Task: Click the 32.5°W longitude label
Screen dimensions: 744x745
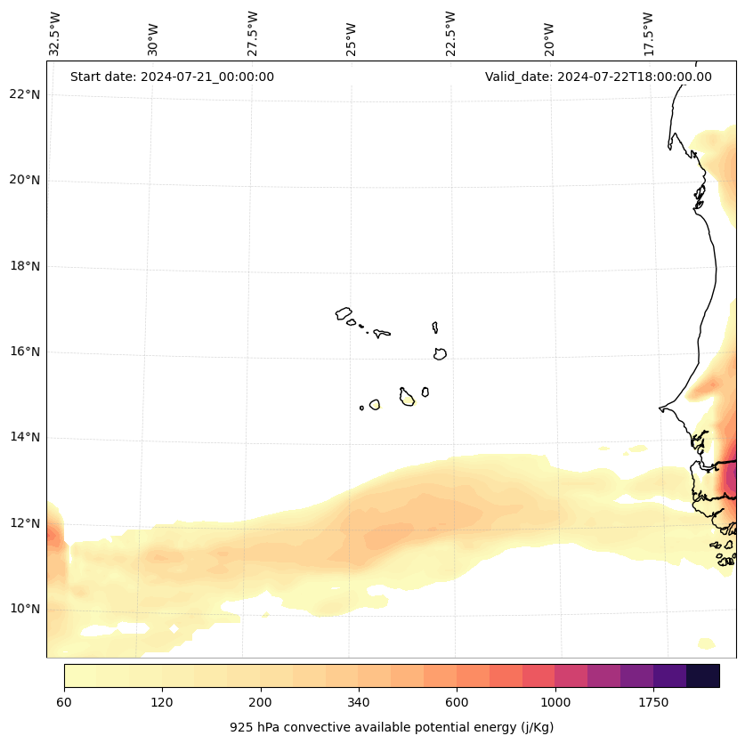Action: [x=55, y=34]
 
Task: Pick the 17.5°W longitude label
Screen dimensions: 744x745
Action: [x=648, y=34]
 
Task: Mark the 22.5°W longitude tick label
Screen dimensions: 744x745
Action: [x=450, y=34]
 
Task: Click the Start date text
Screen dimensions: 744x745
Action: [x=172, y=77]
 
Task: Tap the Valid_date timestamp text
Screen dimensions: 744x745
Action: [x=598, y=77]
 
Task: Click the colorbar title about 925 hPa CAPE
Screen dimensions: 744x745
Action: [x=392, y=727]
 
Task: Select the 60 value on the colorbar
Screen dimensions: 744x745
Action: [x=64, y=703]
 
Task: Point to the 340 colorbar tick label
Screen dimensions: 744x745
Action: [x=359, y=703]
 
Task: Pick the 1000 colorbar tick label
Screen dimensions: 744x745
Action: [x=555, y=703]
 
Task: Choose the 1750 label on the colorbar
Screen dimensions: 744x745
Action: [x=653, y=703]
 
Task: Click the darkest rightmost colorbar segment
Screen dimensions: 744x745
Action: [x=703, y=675]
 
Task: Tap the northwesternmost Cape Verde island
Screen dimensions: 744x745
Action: [x=344, y=313]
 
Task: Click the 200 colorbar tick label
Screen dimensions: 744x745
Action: [x=261, y=703]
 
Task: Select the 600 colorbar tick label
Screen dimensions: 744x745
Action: [x=457, y=703]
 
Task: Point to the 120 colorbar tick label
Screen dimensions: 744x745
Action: [x=162, y=703]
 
